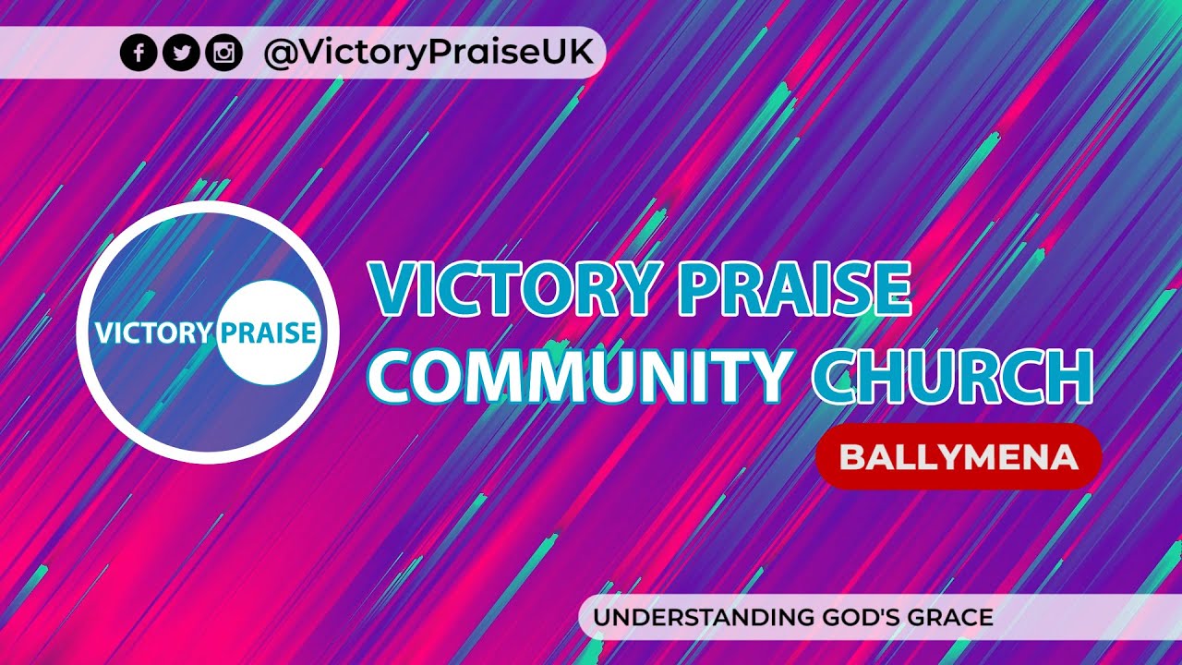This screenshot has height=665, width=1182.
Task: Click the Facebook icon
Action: point(139,53)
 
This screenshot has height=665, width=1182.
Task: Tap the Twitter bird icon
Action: point(181,53)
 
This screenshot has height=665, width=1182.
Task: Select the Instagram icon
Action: point(223,53)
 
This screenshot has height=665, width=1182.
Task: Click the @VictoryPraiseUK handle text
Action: point(428,53)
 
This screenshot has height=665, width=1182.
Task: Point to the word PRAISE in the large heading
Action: point(793,289)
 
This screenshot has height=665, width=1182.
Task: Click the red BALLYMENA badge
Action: point(959,456)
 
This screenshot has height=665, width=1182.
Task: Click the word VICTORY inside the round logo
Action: point(153,332)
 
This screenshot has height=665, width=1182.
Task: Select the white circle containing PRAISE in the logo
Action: point(268,332)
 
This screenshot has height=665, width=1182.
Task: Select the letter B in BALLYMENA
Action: point(850,456)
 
